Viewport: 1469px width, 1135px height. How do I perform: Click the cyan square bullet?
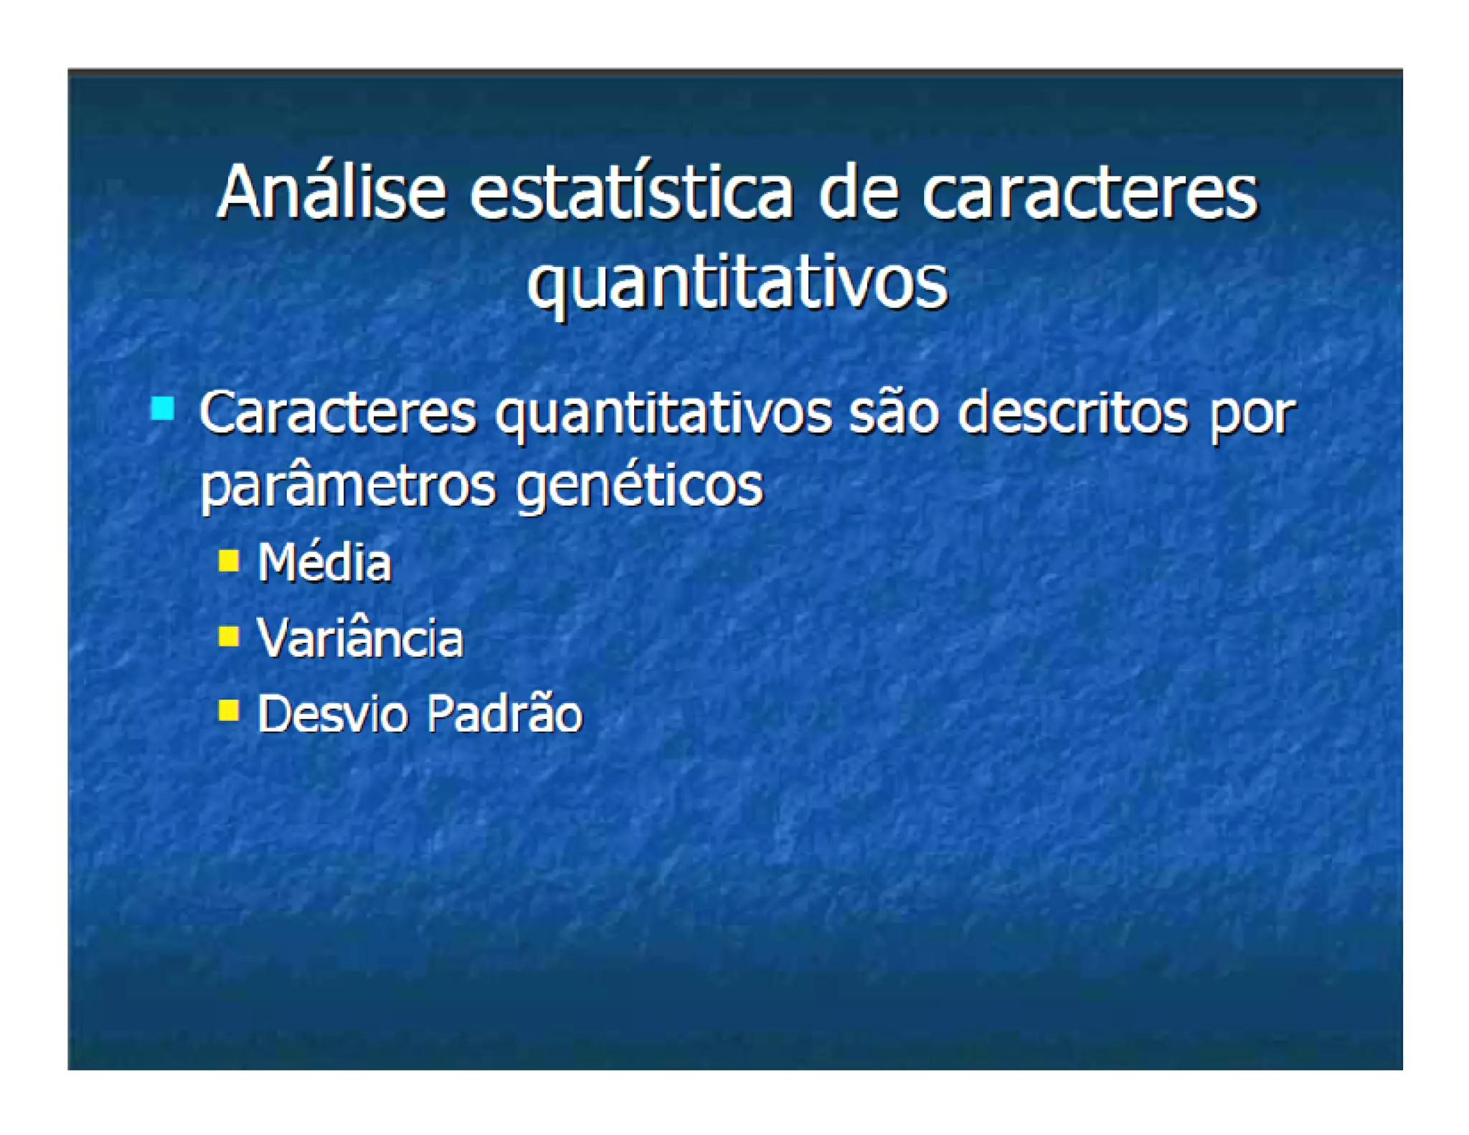[163, 409]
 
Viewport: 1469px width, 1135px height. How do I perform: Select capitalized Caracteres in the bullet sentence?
[337, 414]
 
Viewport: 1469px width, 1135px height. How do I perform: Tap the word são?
[894, 414]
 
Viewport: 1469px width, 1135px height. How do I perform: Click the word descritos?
[1072, 414]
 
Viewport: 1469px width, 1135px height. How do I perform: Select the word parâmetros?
[348, 486]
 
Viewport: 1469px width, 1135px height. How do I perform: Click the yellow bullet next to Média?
[229, 560]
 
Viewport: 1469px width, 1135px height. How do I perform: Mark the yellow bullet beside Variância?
[229, 636]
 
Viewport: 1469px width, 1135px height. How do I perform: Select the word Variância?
[360, 638]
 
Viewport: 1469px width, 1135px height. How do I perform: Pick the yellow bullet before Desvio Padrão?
[229, 710]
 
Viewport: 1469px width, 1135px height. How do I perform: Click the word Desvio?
[332, 714]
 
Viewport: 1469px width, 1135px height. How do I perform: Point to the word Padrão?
[504, 714]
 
